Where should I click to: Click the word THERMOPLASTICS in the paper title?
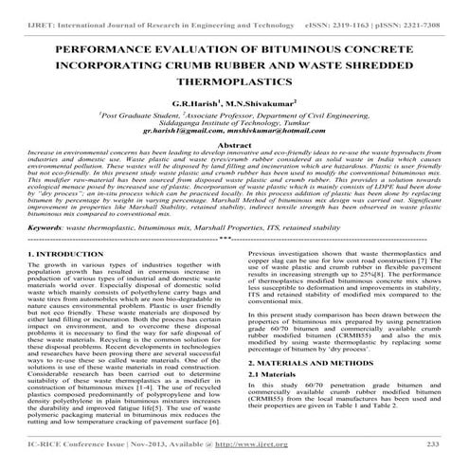235,83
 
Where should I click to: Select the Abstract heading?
234,145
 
